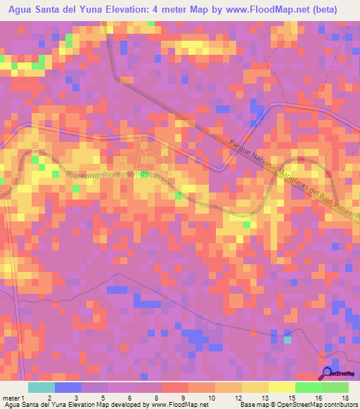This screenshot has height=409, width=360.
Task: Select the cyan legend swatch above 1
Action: (x=41, y=387)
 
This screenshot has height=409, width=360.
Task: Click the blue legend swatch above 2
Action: (x=68, y=387)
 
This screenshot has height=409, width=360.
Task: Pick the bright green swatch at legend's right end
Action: (x=335, y=387)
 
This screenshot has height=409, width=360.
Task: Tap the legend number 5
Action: (x=102, y=397)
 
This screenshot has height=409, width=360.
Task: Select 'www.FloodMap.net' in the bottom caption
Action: (x=180, y=405)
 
